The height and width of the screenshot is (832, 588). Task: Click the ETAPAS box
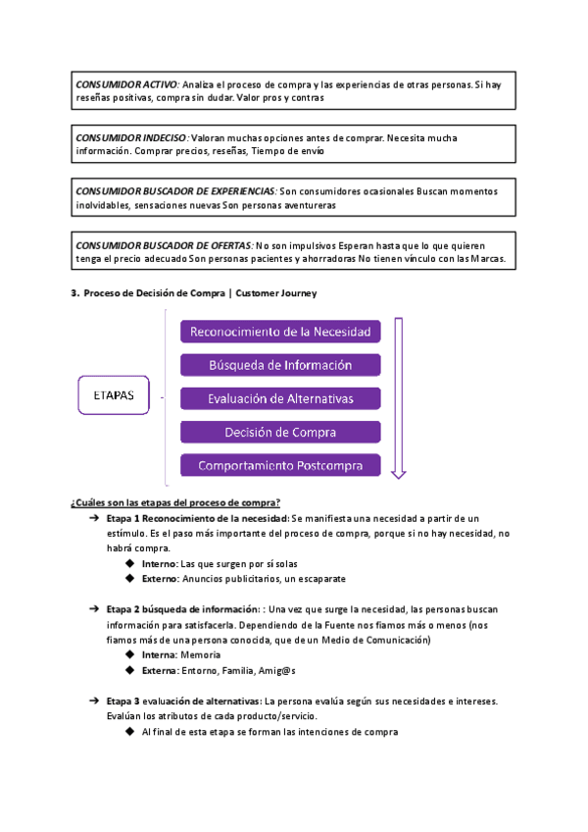tap(114, 397)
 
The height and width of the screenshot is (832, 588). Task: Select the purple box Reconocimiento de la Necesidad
tap(279, 333)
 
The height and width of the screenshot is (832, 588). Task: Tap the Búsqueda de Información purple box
tap(279, 366)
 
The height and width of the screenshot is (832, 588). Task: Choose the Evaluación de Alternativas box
tap(279, 399)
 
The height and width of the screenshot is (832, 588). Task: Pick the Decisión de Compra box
tap(279, 432)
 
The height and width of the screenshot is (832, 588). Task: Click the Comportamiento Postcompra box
tap(279, 465)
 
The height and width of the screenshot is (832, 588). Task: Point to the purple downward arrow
tap(398, 397)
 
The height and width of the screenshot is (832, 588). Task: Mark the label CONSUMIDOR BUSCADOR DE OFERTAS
tap(163, 244)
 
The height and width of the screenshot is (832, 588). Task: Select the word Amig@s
tap(276, 671)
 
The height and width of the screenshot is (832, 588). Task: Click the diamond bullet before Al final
tap(130, 732)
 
